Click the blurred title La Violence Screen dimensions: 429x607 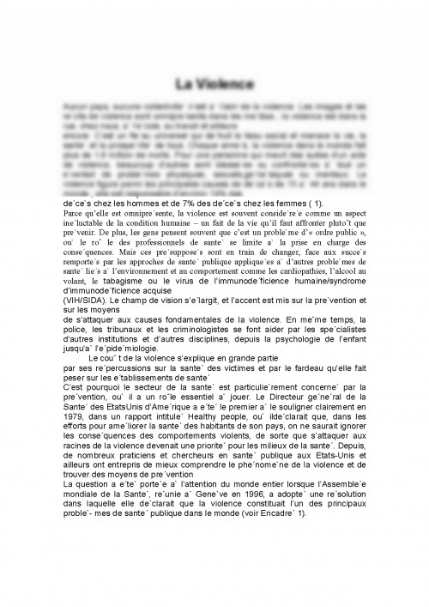(214, 84)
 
